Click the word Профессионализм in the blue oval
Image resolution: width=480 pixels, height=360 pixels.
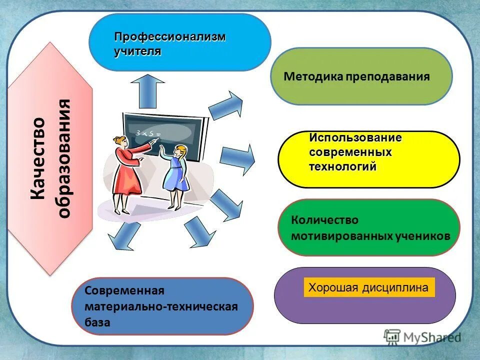170,37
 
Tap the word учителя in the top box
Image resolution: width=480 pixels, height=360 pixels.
137,51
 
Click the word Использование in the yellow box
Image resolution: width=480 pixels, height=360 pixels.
355,137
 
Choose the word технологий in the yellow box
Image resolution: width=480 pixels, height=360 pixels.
342,167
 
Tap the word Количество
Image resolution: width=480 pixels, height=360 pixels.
324,220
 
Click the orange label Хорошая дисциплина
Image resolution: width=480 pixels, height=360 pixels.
368,288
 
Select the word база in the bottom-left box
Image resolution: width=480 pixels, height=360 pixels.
97,322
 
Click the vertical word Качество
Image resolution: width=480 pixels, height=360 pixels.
38,158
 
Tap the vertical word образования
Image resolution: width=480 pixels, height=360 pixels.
64,158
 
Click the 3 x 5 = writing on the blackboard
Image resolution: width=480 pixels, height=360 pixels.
147,133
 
